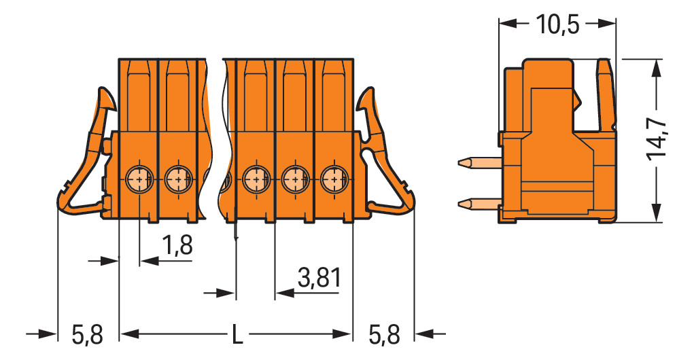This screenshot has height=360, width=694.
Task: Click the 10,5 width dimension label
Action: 557,24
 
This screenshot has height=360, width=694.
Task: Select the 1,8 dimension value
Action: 177,245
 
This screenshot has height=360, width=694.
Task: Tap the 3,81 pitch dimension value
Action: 319,278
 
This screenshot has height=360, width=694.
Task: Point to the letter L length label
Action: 237,334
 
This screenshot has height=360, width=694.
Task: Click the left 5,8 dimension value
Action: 88,335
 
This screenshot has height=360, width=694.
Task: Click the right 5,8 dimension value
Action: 384,335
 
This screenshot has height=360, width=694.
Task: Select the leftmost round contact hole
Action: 139,179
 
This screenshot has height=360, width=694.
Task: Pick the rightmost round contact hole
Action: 334,179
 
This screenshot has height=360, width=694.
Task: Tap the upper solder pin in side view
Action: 479,164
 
